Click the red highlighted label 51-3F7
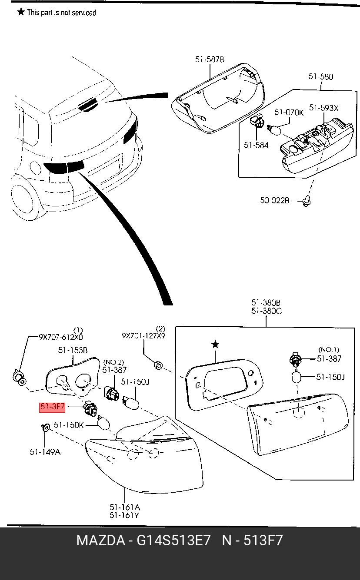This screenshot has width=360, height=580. pos(52,407)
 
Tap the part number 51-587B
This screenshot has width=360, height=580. pos(210,60)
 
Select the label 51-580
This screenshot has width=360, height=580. pos(320,76)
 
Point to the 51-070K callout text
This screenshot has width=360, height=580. pos(289,113)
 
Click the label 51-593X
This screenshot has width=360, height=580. pos(324,108)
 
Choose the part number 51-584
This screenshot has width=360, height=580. pos(256,145)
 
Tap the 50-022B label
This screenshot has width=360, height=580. pos(274,200)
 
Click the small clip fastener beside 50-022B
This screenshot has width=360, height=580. pos(307,201)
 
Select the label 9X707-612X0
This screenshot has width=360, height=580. pos(61,337)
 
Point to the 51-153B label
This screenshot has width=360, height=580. pos(73,350)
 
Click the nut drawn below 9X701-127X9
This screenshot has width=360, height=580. pos(158,365)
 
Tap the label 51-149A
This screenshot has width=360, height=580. pos(45,452)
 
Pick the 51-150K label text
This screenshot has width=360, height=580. pos(69,425)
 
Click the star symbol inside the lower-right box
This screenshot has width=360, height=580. pos(215,345)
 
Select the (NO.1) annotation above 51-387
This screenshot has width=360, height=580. pos(329,350)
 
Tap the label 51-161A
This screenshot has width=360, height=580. pos(125,507)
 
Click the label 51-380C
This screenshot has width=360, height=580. pos(267,311)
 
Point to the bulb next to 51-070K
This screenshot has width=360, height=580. pos(274,130)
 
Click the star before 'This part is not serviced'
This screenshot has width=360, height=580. pos(21,12)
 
